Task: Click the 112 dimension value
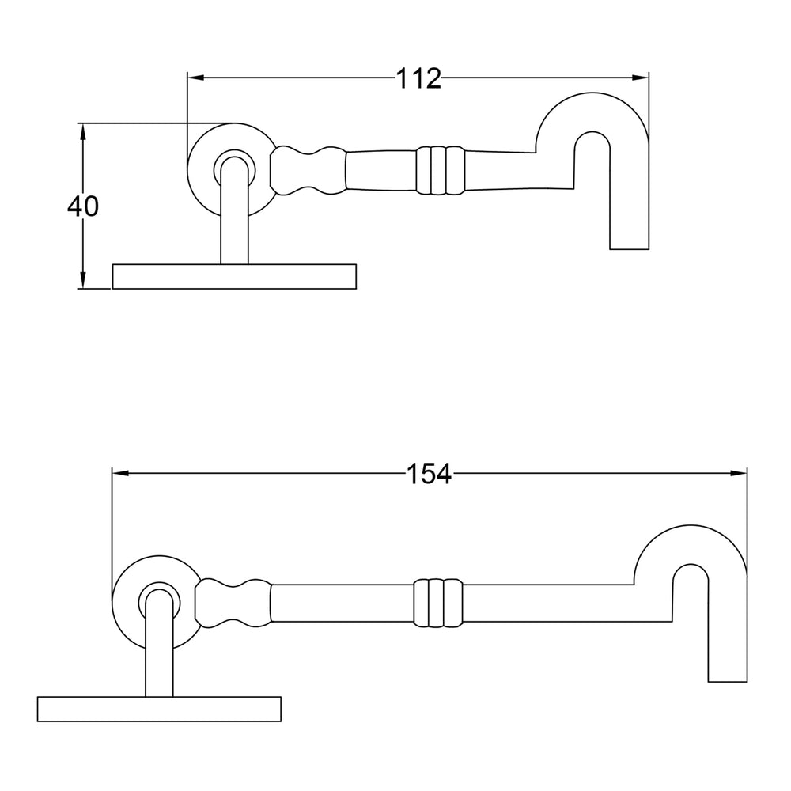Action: (x=418, y=78)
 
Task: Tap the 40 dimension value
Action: (x=83, y=206)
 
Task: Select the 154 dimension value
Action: (x=429, y=474)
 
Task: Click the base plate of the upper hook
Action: (x=234, y=276)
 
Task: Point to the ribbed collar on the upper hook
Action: (x=439, y=169)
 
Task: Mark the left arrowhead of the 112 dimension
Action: (x=195, y=78)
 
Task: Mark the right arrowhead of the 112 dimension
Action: (x=642, y=78)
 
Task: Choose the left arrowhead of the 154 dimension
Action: (x=119, y=474)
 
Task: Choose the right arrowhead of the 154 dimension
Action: (x=740, y=474)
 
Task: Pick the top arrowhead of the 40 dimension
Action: (x=83, y=130)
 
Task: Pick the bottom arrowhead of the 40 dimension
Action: (x=83, y=282)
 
